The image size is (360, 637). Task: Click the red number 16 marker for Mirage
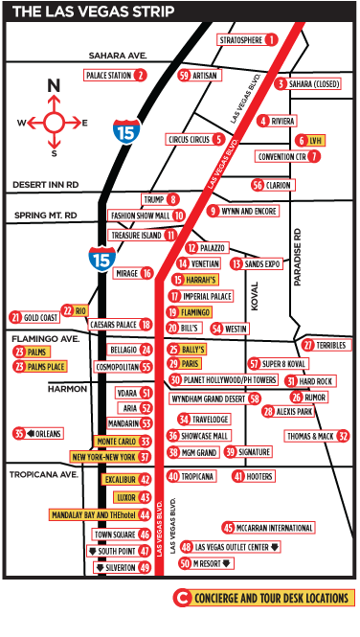pos(146,273)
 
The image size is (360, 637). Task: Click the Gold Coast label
pos(41,316)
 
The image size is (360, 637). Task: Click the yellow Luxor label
pos(120,497)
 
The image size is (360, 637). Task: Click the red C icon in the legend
pos(182,599)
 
